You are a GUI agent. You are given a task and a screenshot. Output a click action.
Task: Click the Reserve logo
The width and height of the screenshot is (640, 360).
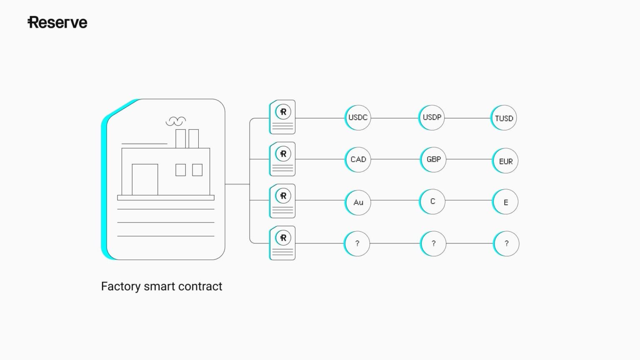pyautogui.click(x=57, y=22)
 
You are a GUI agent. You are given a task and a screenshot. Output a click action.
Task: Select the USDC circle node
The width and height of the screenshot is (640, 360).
pyautogui.click(x=358, y=117)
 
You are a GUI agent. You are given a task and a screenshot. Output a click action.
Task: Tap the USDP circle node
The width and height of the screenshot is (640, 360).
pyautogui.click(x=432, y=117)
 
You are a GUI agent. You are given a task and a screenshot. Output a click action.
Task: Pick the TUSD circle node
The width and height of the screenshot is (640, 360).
pyautogui.click(x=504, y=118)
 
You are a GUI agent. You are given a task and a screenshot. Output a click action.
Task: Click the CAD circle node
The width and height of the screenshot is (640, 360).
pyautogui.click(x=358, y=160)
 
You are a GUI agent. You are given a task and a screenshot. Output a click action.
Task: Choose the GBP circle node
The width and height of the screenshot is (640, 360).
pyautogui.click(x=433, y=160)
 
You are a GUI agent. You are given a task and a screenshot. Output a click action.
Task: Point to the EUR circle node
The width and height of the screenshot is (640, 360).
pyautogui.click(x=505, y=161)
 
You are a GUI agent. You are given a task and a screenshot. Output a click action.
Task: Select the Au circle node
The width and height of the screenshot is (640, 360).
pyautogui.click(x=358, y=202)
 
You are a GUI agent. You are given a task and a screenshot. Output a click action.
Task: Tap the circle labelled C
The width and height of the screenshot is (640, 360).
pyautogui.click(x=432, y=202)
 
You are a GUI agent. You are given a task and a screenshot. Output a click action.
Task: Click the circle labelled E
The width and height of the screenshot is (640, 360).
pyautogui.click(x=505, y=202)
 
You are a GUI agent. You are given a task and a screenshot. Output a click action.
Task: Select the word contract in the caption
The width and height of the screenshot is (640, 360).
pyautogui.click(x=203, y=287)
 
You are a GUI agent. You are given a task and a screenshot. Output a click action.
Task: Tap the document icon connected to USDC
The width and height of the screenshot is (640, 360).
pyautogui.click(x=282, y=117)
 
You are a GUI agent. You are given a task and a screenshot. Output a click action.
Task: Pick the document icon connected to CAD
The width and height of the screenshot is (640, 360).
pyautogui.click(x=282, y=159)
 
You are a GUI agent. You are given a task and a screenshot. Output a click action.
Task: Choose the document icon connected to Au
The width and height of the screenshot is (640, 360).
pyautogui.click(x=282, y=201)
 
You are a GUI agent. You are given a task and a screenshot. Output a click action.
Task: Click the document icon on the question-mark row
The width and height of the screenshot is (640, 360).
pyautogui.click(x=282, y=243)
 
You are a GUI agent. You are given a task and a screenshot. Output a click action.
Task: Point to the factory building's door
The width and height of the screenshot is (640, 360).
pyautogui.click(x=145, y=180)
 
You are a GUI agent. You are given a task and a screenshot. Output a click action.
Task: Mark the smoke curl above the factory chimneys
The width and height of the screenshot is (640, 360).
pyautogui.click(x=175, y=121)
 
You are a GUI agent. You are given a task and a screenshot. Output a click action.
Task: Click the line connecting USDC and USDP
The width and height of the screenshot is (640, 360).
pyautogui.click(x=395, y=118)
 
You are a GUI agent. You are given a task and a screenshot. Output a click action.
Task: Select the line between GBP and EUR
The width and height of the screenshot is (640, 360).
pyautogui.click(x=469, y=159)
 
